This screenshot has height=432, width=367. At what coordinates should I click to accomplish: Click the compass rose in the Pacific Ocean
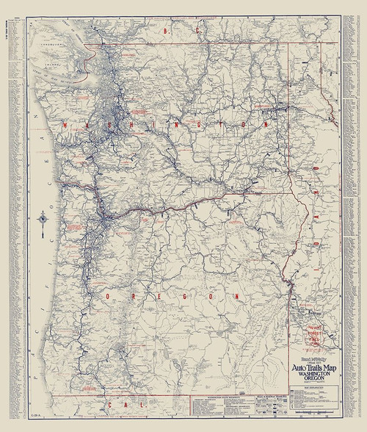[45, 217]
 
